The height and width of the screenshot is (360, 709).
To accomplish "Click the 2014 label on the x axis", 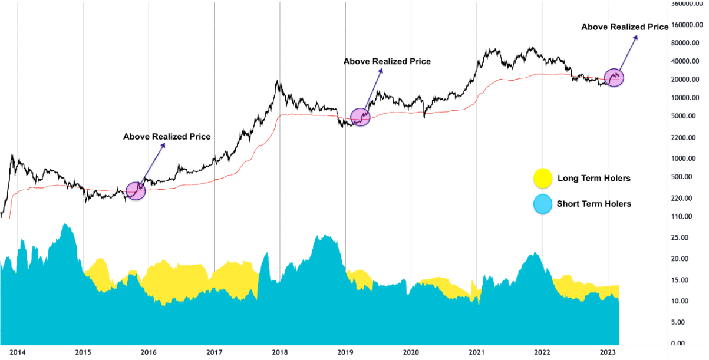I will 18,353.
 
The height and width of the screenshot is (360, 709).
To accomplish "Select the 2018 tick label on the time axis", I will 280,353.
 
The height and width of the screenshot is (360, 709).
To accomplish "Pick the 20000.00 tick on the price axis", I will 688,80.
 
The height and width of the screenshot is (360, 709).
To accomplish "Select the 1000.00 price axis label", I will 690,158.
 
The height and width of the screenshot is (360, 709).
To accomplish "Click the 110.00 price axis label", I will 691,217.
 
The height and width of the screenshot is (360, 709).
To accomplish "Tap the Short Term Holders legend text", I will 594,204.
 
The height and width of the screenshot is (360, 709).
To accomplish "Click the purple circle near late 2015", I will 136,191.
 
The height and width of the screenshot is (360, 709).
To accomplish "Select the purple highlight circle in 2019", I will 360,117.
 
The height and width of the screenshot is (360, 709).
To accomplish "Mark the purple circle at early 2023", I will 615,77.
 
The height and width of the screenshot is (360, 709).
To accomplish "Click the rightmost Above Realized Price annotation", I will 625,27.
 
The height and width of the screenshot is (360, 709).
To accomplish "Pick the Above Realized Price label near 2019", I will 387,61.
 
